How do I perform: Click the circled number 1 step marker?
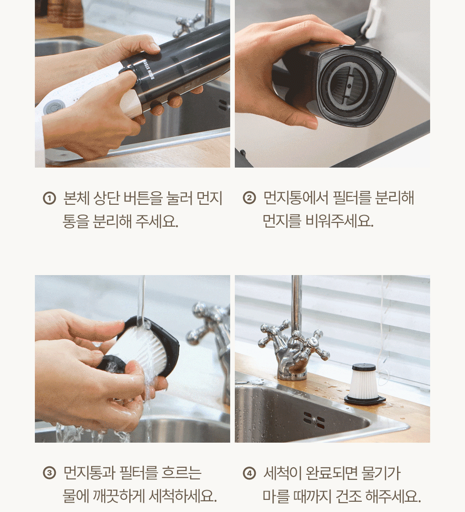tap(50, 198)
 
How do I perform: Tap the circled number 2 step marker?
tap(249, 198)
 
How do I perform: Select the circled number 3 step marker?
tap(50, 473)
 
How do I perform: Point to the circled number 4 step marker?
tap(249, 473)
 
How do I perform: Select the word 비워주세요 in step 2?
tap(339, 221)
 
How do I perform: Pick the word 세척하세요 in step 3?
tap(182, 496)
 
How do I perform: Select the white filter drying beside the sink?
tap(365, 384)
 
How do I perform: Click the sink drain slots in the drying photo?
tap(314, 420)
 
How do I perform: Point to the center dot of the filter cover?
tap(349, 86)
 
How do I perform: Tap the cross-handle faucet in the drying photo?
tap(294, 346)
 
